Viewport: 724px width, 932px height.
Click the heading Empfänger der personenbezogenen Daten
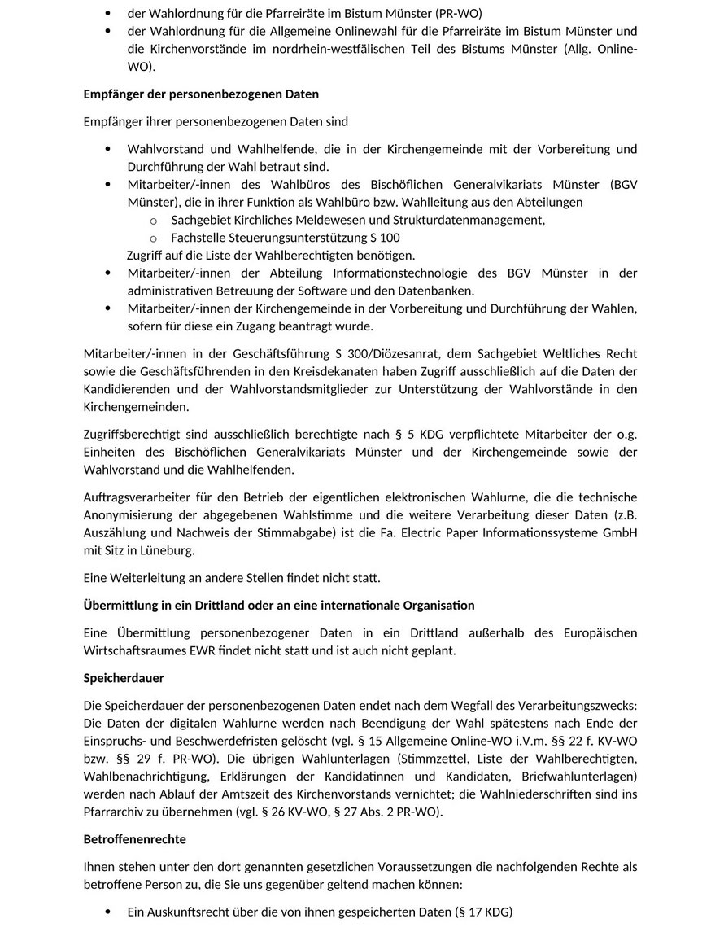pos(201,94)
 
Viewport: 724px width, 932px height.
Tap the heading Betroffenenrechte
pos(135,838)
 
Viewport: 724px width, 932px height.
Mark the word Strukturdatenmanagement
pos(467,220)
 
